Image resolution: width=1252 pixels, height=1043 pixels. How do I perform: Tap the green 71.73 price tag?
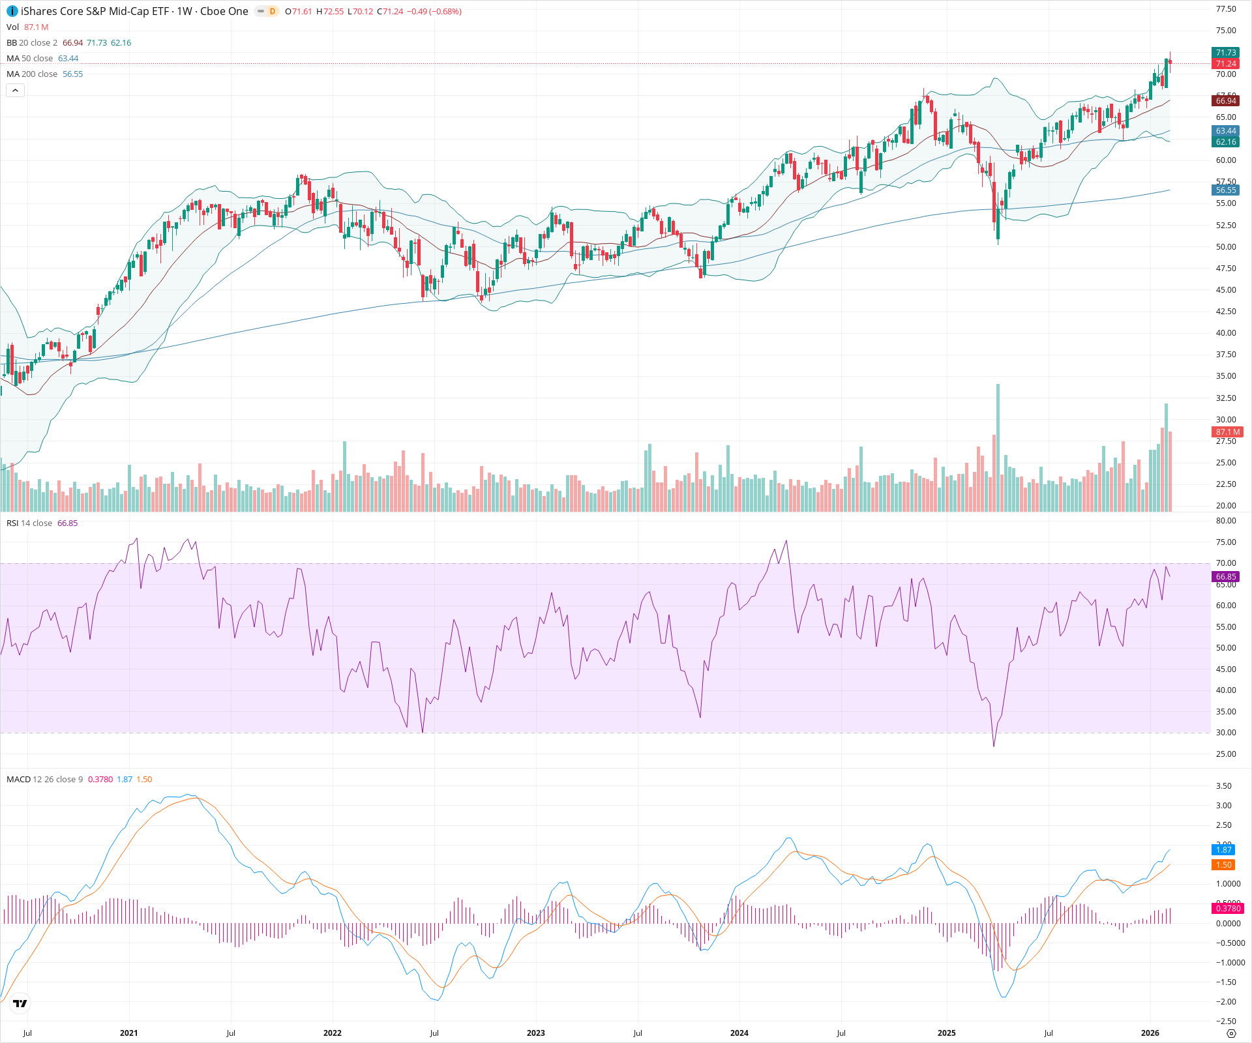(x=1226, y=53)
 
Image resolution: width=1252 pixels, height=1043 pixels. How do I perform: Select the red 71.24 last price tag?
(x=1226, y=64)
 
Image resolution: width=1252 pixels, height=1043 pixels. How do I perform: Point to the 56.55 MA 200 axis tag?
(x=1226, y=190)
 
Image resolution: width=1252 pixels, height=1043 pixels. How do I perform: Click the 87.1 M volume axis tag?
(x=1227, y=432)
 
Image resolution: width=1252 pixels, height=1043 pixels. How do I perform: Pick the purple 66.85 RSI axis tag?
(x=1226, y=577)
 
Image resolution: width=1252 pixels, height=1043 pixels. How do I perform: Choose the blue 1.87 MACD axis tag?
(x=1224, y=850)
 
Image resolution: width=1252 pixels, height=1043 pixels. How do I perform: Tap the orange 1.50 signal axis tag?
(x=1224, y=865)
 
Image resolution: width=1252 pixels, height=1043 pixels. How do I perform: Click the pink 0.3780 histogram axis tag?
(x=1228, y=909)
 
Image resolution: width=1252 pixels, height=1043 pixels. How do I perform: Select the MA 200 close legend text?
(x=32, y=74)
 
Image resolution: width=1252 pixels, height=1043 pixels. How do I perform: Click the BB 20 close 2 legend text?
(x=32, y=43)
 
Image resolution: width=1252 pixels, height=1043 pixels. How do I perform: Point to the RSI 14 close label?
(x=29, y=523)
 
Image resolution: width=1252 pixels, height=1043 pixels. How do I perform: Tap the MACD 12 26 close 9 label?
(x=44, y=780)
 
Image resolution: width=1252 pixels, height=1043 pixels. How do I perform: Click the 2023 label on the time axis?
(x=536, y=1033)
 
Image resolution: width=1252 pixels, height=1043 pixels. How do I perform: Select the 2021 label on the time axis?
(x=129, y=1033)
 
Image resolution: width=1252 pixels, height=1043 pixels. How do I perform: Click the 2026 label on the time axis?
(x=1150, y=1033)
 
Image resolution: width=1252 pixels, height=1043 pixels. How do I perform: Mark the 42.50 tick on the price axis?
(x=1226, y=312)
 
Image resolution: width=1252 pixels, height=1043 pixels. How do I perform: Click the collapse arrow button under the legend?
(x=15, y=91)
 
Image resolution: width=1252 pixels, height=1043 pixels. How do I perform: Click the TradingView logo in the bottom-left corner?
(x=20, y=1004)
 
